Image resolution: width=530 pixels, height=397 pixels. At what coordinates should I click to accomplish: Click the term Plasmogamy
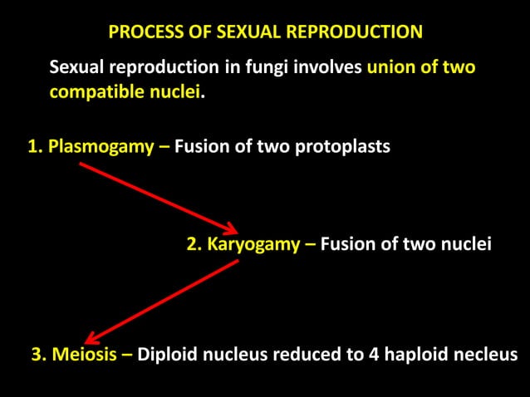click(x=101, y=147)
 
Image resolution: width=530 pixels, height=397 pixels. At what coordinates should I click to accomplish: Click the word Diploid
click(x=167, y=355)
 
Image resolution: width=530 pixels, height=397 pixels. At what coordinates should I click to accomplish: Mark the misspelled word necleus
click(x=486, y=355)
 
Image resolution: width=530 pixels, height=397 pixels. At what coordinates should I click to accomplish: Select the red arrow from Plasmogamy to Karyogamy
click(x=158, y=198)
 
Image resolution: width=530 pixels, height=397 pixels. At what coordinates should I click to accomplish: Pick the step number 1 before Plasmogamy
click(x=33, y=147)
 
